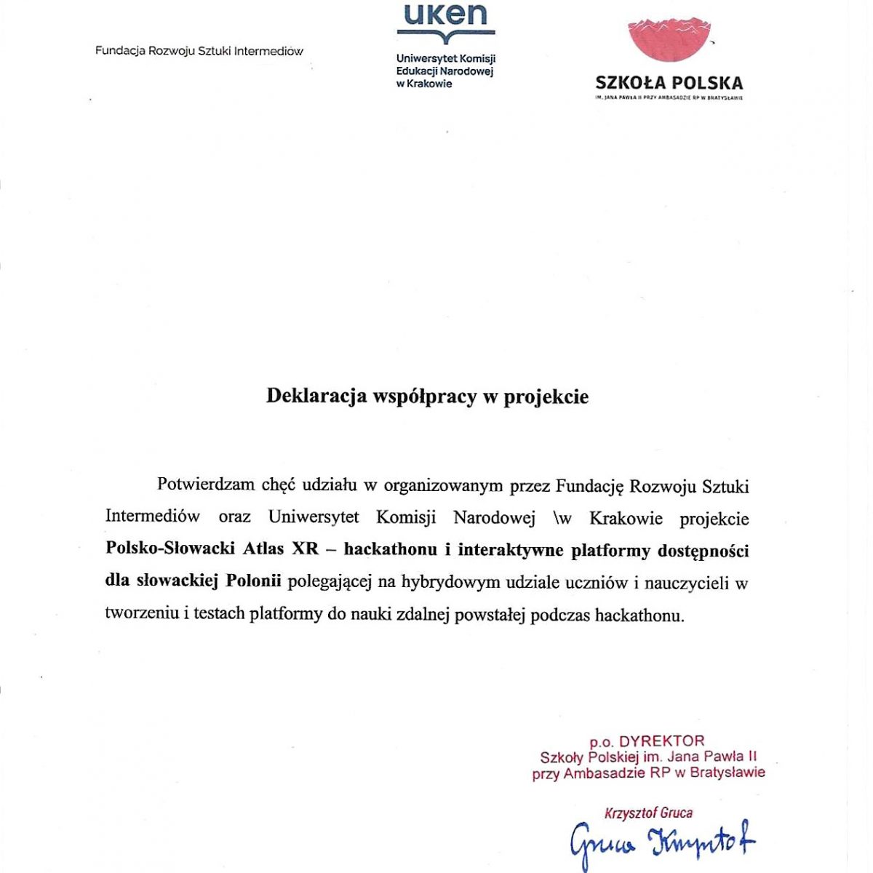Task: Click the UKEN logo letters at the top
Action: tap(445, 15)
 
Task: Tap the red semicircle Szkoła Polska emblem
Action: tap(669, 40)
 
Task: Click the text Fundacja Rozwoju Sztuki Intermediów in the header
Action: tap(199, 51)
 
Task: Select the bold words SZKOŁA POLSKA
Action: tap(669, 83)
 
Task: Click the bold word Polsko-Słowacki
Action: tap(170, 550)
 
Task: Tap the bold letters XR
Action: tap(306, 550)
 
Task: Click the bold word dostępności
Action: tap(703, 550)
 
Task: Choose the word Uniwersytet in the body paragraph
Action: tap(314, 517)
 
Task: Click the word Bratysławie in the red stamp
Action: tap(727, 773)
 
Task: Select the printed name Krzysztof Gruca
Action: tap(648, 813)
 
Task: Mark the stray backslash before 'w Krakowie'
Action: tap(557, 517)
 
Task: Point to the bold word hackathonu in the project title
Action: tap(391, 550)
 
